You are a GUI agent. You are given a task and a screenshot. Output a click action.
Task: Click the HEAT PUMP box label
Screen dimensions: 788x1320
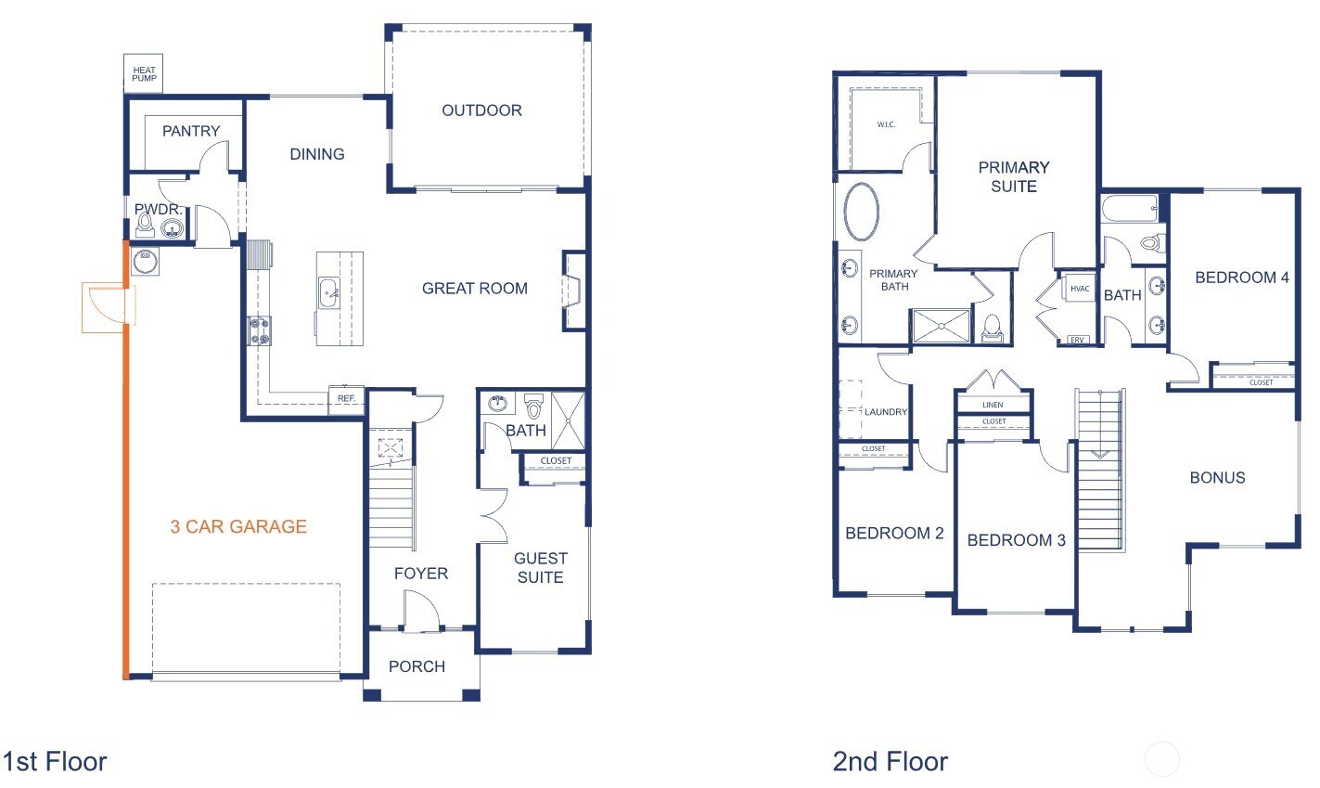144,73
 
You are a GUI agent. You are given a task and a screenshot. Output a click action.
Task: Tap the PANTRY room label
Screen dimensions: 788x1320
191,131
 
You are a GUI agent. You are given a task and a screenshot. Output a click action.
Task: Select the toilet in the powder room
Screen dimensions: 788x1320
147,224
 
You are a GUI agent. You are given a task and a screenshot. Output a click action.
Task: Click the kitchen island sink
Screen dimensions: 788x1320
328,294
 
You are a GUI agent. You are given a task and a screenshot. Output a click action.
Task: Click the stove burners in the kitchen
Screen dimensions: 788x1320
259,330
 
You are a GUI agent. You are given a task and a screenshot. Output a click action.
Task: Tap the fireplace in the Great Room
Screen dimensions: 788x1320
572,291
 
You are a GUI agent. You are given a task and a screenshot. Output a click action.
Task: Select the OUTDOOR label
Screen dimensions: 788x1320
481,110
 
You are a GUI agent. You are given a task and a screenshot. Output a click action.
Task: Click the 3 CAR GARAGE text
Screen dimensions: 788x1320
238,526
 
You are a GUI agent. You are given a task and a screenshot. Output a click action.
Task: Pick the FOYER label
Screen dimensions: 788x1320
420,574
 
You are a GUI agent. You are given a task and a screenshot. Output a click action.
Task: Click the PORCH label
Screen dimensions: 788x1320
417,666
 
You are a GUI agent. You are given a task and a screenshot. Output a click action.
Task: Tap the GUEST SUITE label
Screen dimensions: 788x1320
540,567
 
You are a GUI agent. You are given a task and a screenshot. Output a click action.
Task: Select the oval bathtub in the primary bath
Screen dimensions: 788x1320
862,213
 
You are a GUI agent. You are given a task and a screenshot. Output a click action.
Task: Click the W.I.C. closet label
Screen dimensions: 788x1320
886,125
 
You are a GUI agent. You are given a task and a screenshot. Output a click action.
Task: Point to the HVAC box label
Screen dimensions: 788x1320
1080,289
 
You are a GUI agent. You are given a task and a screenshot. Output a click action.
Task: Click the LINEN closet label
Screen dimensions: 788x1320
993,406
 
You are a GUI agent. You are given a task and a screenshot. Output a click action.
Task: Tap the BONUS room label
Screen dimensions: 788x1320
1217,478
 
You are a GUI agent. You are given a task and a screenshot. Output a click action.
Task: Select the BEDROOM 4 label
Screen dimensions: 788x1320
1241,278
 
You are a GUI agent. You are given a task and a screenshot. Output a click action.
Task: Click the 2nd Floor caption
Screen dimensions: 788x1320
890,762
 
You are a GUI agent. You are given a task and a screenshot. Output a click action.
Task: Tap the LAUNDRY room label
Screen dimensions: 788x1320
885,412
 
